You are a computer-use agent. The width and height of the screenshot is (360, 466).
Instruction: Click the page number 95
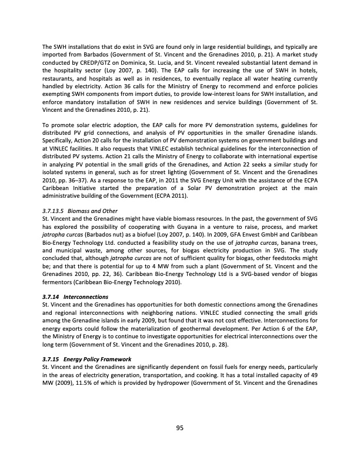180,428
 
